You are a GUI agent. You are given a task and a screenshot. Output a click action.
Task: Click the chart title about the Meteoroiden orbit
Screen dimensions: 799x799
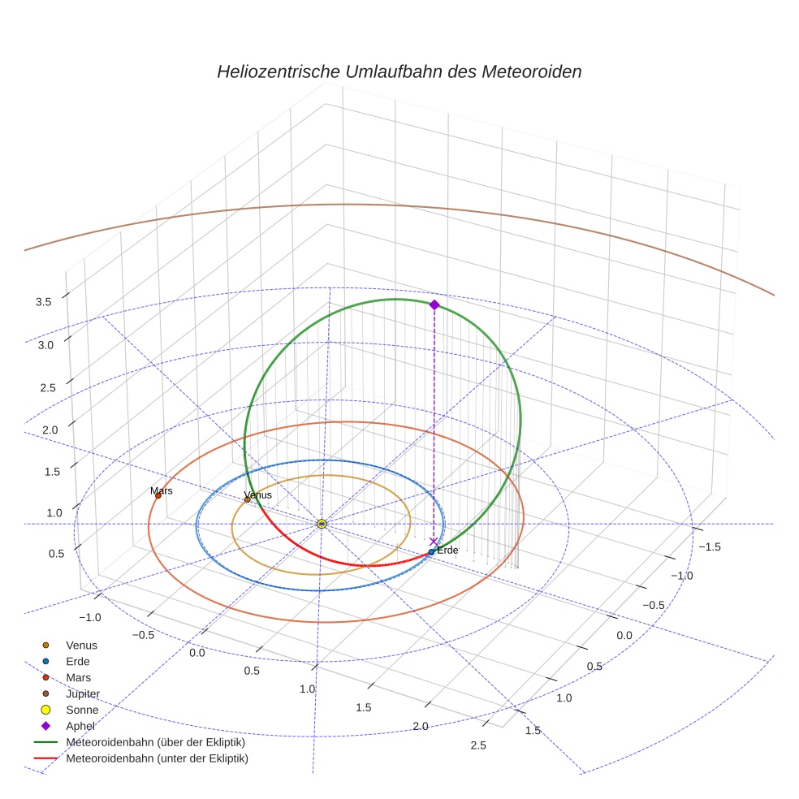tap(399, 71)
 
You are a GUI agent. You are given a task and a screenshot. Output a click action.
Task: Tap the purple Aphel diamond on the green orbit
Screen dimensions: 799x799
tap(434, 304)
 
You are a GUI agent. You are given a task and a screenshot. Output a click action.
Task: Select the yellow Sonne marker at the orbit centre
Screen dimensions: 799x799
tap(322, 524)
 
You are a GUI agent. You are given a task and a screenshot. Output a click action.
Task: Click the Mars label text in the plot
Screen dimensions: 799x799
tap(162, 491)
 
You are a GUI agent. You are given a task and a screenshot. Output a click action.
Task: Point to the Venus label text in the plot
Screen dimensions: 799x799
tap(257, 495)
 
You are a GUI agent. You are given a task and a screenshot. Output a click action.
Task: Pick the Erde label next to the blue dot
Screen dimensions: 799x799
tap(447, 551)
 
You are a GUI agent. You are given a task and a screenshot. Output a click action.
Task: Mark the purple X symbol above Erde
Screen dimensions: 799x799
tap(433, 541)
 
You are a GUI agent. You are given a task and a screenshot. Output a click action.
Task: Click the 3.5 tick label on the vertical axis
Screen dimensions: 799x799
tap(44, 302)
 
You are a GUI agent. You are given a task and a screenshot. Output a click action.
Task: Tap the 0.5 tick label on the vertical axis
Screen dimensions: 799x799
tap(57, 554)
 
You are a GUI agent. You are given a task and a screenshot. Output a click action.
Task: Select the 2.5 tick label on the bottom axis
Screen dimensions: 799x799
tap(477, 746)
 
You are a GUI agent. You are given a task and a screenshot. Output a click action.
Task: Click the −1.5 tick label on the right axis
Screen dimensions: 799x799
tap(709, 547)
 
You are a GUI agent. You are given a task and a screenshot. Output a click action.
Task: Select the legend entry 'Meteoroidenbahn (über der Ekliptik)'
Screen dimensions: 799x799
tap(155, 742)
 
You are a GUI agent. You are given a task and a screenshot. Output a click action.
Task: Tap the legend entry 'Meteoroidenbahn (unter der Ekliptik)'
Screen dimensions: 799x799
tap(157, 758)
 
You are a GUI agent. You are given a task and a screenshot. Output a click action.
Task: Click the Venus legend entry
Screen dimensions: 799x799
tap(81, 646)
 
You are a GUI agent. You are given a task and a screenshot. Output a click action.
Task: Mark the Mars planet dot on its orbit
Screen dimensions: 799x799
tap(158, 495)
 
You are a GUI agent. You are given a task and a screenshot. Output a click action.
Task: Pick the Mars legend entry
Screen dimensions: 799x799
tap(78, 677)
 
